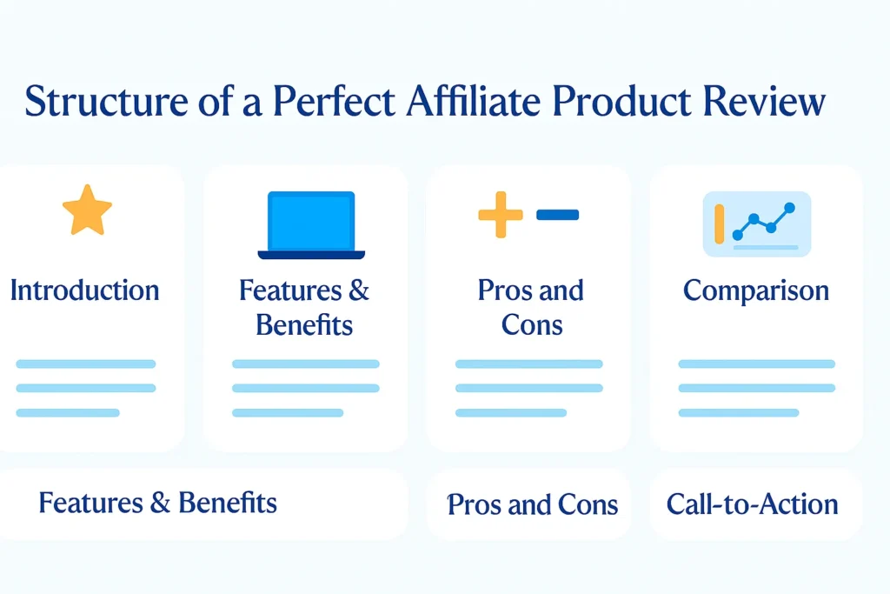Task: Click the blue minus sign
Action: point(557,214)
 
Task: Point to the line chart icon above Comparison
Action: point(756,224)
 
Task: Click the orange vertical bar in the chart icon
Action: point(719,224)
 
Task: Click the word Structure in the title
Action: point(95,101)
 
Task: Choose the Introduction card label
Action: point(84,290)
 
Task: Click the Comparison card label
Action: point(756,290)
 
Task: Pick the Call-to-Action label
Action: point(752,504)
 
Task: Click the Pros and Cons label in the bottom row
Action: point(532,504)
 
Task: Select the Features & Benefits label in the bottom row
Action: point(158,503)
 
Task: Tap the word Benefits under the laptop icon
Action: point(304,326)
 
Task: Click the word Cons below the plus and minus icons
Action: point(532,326)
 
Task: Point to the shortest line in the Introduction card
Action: point(68,412)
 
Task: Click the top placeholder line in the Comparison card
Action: point(756,364)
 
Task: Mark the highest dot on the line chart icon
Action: point(789,208)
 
